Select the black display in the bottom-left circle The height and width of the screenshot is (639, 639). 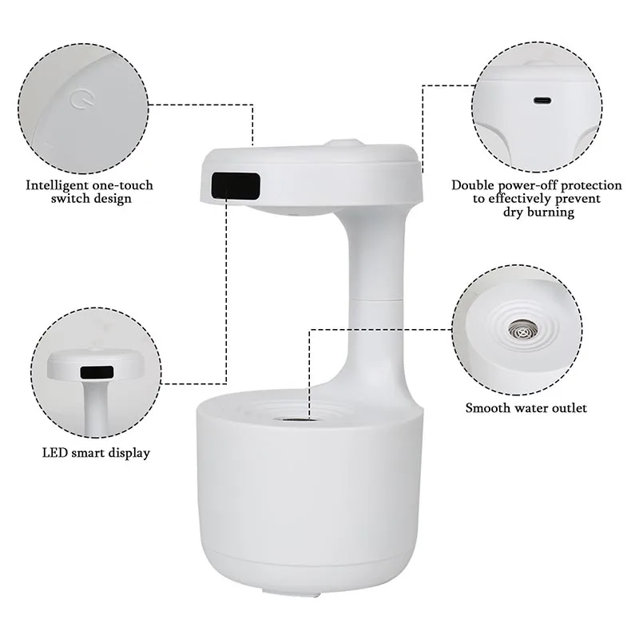pyautogui.click(x=97, y=372)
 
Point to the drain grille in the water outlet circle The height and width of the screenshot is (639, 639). pyautogui.click(x=525, y=329)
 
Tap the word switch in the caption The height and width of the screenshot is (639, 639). pyautogui.click(x=70, y=198)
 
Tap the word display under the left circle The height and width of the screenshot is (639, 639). pyautogui.click(x=129, y=453)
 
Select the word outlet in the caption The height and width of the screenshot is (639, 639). pyautogui.click(x=569, y=408)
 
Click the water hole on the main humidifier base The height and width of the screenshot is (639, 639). pyautogui.click(x=292, y=417)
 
